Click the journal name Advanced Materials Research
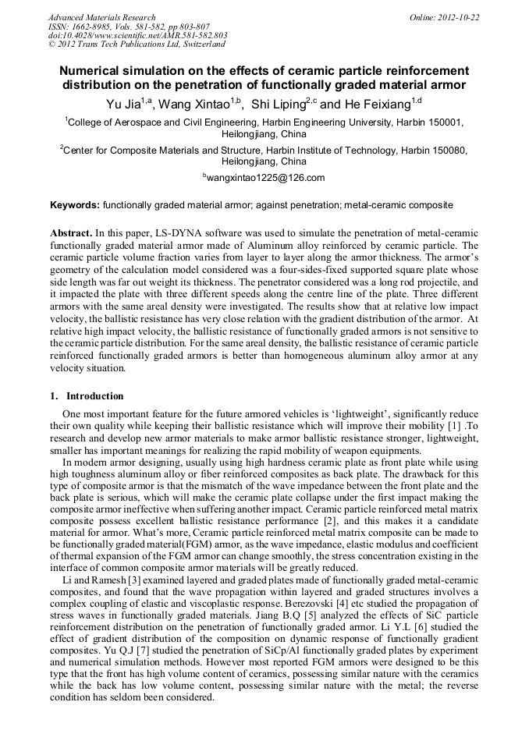click(x=101, y=17)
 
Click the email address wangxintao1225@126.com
click(x=265, y=179)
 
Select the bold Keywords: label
click(x=75, y=205)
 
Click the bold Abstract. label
click(x=72, y=233)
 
